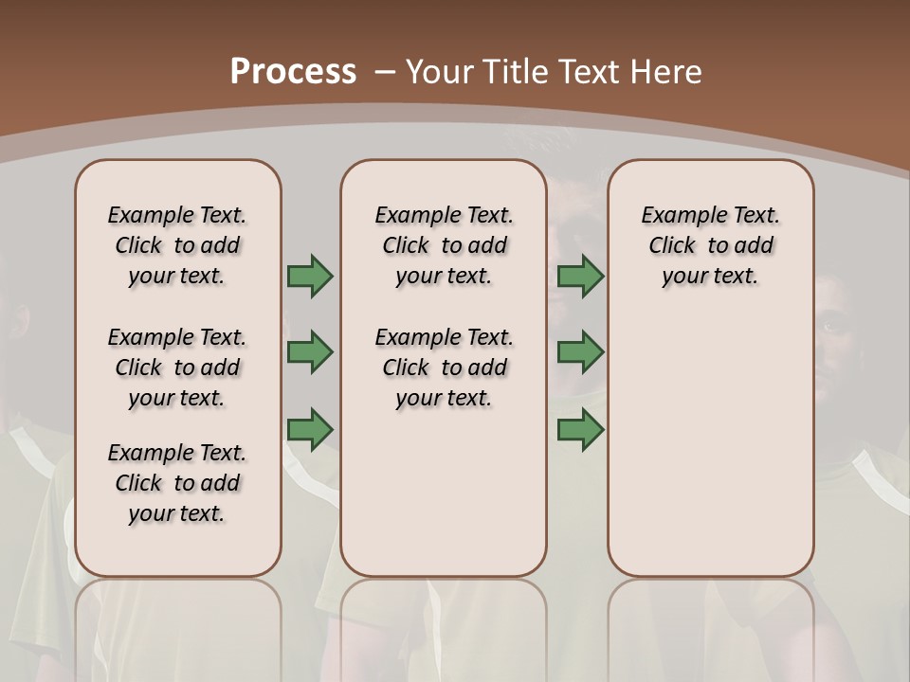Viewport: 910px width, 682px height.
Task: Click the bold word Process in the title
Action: (293, 72)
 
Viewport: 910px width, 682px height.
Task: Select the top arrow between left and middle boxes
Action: (310, 277)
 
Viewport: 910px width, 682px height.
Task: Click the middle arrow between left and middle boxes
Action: (310, 352)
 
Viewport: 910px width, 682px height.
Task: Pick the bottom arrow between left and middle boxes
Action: (310, 429)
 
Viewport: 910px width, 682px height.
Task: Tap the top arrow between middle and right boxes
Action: (580, 277)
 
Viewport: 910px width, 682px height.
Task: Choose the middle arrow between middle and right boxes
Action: (580, 352)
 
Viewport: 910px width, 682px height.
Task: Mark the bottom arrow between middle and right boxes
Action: (580, 429)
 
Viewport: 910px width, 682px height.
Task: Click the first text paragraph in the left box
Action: (177, 245)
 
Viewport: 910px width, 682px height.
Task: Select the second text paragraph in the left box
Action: (177, 368)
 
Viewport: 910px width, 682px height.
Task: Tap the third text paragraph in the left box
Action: (177, 483)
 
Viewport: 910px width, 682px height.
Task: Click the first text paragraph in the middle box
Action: (444, 245)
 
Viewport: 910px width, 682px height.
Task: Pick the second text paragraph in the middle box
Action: (444, 368)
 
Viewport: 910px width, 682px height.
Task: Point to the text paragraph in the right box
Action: (710, 245)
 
